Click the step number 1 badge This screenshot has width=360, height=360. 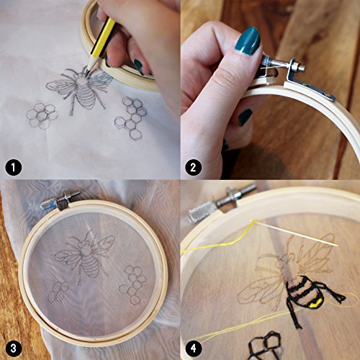(x=14, y=167)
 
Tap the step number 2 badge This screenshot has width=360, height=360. (x=193, y=167)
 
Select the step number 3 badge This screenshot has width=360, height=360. (x=14, y=348)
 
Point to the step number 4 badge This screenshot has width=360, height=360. (x=193, y=348)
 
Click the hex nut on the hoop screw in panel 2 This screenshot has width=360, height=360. (x=301, y=66)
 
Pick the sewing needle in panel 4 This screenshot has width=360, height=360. (x=294, y=233)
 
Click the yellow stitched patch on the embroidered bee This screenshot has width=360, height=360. (x=315, y=304)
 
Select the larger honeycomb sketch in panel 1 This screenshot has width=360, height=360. (x=131, y=117)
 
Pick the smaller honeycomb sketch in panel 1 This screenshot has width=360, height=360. (x=42, y=116)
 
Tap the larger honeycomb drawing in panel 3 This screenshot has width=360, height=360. (x=133, y=285)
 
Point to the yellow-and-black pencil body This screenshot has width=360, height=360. (x=103, y=38)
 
